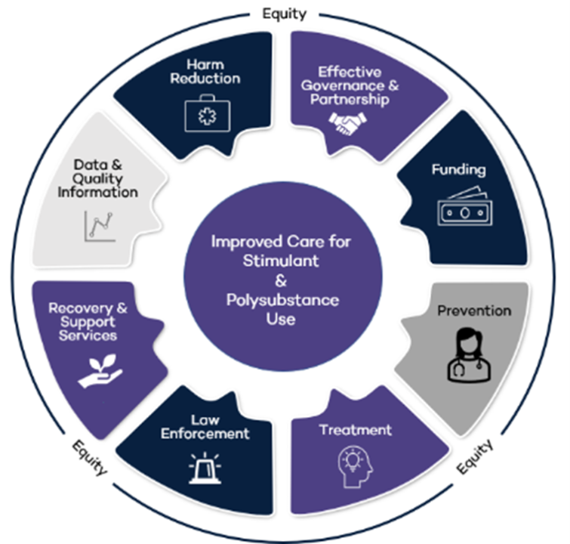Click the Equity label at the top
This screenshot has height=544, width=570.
[284, 13]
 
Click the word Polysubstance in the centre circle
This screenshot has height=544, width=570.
[285, 300]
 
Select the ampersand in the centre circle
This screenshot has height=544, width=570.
[285, 280]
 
